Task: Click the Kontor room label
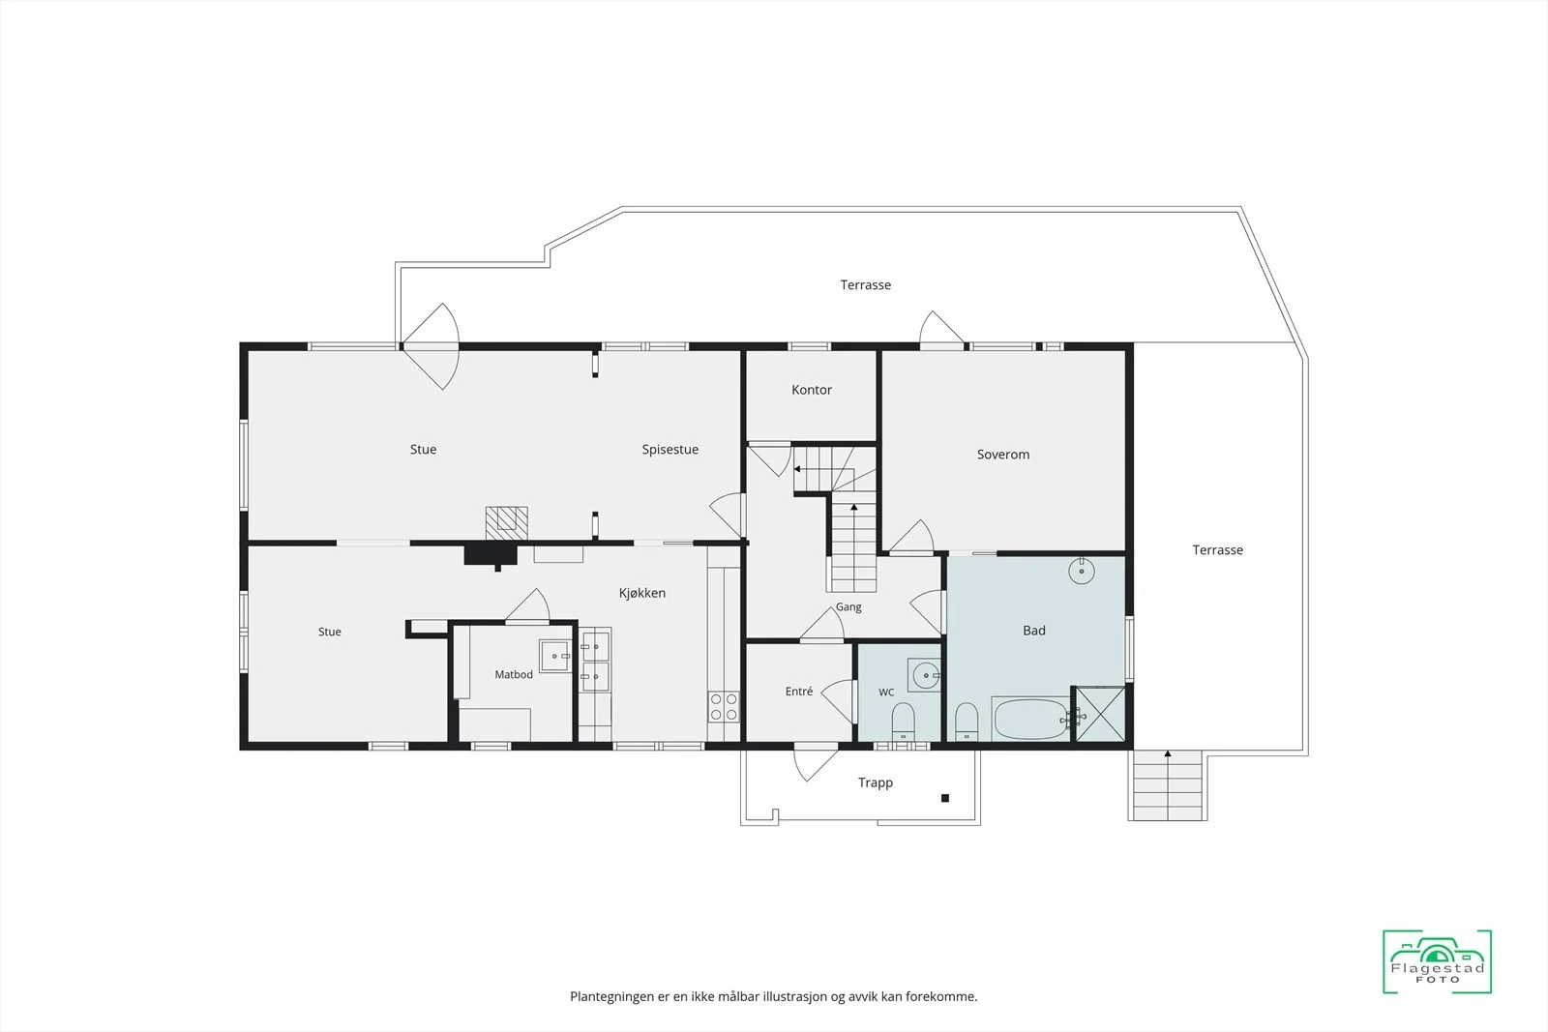click(x=812, y=390)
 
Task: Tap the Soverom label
click(x=1002, y=455)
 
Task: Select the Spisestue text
click(x=670, y=450)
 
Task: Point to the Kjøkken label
click(x=642, y=593)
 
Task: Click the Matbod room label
click(x=514, y=674)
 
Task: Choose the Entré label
click(x=799, y=691)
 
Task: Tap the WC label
click(x=886, y=693)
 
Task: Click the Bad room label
click(x=1034, y=630)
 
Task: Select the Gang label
click(x=848, y=607)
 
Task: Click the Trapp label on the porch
click(x=875, y=782)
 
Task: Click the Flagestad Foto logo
click(x=1437, y=960)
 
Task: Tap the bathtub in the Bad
click(x=1030, y=719)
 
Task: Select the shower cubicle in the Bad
click(x=1100, y=714)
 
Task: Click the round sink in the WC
click(x=925, y=675)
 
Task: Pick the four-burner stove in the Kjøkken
click(x=723, y=707)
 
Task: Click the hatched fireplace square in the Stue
click(x=507, y=523)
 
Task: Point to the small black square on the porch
click(x=944, y=798)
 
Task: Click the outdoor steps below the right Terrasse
click(x=1167, y=786)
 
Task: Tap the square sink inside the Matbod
click(x=555, y=656)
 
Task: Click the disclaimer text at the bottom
click(x=773, y=996)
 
